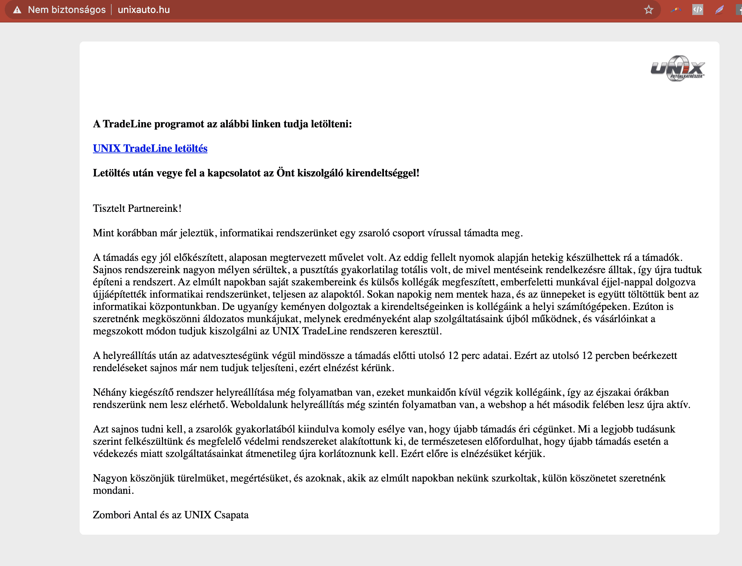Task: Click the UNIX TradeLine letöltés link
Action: [x=150, y=148]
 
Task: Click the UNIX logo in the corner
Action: [x=677, y=68]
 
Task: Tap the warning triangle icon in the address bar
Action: [x=17, y=10]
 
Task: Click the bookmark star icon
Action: [x=648, y=10]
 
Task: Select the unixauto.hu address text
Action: [x=144, y=10]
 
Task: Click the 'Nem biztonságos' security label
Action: [x=67, y=10]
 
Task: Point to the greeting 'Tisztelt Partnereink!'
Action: [x=137, y=208]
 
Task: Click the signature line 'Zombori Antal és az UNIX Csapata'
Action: [x=171, y=515]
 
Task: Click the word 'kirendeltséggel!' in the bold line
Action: [x=383, y=173]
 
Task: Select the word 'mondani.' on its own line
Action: [x=113, y=490]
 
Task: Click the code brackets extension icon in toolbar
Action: [x=697, y=10]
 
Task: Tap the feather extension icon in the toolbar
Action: [x=719, y=10]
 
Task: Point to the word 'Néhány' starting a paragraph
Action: [x=110, y=392]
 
